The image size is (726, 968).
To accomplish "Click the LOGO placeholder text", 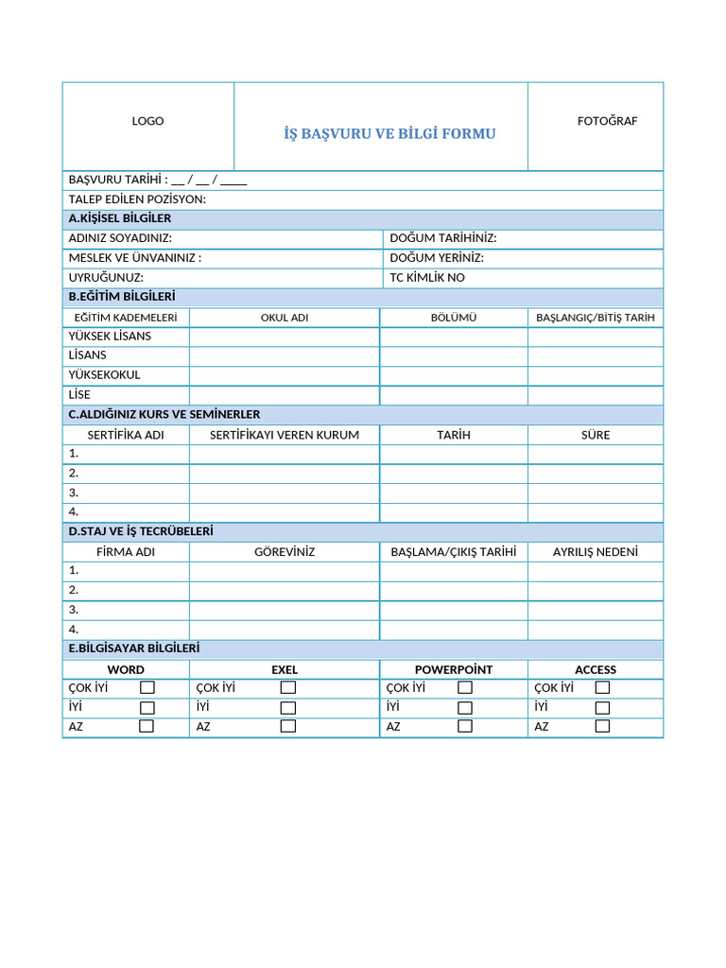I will (147, 121).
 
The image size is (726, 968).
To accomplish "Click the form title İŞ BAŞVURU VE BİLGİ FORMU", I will (389, 134).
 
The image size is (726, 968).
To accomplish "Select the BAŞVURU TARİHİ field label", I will (118, 180).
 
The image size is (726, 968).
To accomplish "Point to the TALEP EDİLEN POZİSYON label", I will (137, 199).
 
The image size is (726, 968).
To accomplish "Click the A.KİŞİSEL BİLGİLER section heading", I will (120, 218).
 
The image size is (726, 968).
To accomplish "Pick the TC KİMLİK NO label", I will (427, 278).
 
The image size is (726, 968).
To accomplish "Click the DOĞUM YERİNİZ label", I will (437, 258).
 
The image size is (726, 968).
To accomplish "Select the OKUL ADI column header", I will (285, 318).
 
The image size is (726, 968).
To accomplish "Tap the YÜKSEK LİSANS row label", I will (110, 337).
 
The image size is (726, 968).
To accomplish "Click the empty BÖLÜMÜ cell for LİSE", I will (454, 395).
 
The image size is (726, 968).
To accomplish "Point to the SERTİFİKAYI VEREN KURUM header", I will (285, 435).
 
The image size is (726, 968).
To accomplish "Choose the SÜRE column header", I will (596, 435).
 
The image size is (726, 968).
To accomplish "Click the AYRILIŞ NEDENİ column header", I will (596, 551).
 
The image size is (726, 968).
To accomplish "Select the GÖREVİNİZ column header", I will (285, 551).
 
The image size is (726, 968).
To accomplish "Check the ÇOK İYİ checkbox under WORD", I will (147, 688).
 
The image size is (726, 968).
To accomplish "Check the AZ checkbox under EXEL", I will (288, 727).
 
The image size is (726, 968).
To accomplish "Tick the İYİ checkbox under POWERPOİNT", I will (465, 708).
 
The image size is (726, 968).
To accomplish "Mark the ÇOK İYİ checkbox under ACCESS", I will (602, 688).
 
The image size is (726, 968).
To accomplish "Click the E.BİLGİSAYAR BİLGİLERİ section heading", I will (134, 648).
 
